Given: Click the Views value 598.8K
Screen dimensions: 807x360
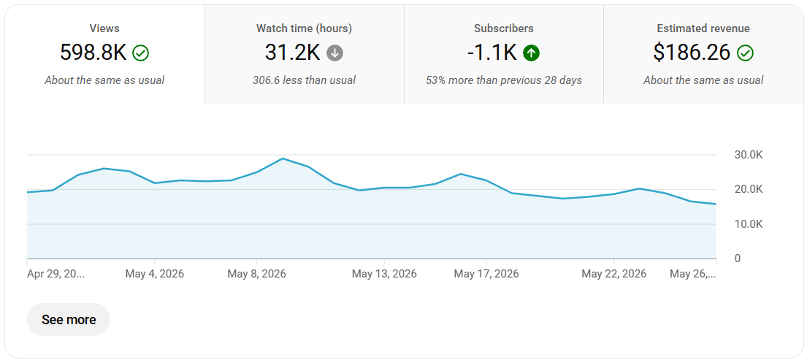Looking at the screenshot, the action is tap(93, 53).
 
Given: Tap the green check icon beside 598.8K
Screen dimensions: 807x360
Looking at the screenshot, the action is tap(140, 53).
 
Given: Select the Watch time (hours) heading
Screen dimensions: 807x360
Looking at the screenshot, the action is tap(304, 28).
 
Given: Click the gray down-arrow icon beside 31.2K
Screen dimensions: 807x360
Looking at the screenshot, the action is tap(334, 53).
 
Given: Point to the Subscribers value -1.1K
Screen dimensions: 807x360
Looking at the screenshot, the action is tap(492, 53).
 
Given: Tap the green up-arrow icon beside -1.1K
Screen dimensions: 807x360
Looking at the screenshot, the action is tap(531, 53).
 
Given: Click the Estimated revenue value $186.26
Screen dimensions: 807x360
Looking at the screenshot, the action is tap(692, 53).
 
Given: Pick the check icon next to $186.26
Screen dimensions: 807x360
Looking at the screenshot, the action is tap(745, 53).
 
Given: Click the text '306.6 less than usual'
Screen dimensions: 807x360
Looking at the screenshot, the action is tap(304, 80).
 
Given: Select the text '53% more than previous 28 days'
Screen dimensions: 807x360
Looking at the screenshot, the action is tap(504, 80).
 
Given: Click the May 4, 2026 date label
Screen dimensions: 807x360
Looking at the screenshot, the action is tap(154, 274).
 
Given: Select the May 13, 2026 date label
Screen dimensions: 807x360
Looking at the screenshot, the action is tap(384, 274).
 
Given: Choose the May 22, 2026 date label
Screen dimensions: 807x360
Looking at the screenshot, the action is tap(614, 274).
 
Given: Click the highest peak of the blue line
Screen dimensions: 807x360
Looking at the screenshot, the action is tap(283, 158).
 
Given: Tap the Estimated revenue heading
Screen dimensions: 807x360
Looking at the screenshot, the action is tap(703, 28).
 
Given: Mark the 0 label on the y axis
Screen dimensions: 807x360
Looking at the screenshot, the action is tap(738, 258).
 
